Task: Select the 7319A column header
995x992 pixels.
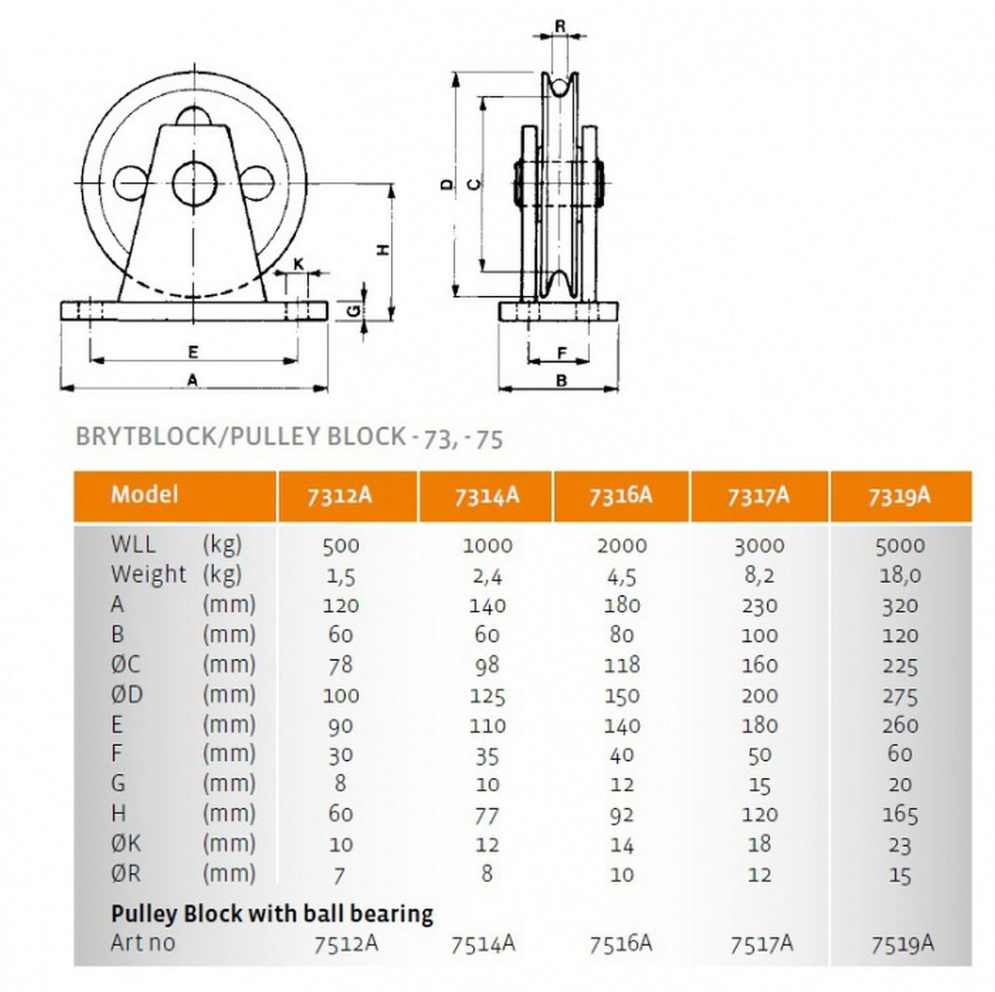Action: (899, 497)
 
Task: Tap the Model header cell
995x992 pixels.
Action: (144, 494)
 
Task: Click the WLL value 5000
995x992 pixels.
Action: (899, 546)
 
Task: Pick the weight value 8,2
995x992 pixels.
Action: (759, 576)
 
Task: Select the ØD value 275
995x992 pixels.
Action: (899, 696)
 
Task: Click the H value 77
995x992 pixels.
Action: (487, 816)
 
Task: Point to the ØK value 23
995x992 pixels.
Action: (899, 845)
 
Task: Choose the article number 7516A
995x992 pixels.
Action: (620, 944)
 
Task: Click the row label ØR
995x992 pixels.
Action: (125, 874)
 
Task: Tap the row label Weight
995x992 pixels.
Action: (148, 575)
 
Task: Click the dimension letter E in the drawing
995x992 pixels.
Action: (193, 352)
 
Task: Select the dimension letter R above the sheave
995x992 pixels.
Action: (561, 26)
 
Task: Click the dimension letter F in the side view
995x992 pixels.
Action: (561, 353)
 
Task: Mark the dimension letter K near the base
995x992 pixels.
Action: (298, 263)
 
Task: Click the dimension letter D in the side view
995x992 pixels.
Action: (445, 184)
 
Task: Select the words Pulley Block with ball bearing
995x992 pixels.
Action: (271, 912)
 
